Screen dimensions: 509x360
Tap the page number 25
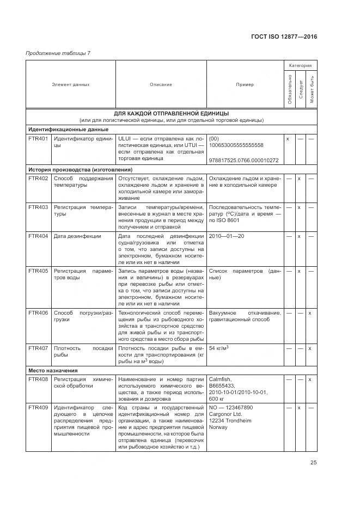pyautogui.click(x=314, y=463)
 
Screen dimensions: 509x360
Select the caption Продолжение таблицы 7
pyautogui.click(x=58, y=53)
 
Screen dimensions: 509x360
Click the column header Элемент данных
pyautogui.click(x=71, y=84)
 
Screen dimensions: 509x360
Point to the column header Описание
pyautogui.click(x=161, y=84)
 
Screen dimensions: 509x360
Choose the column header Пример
pyautogui.click(x=245, y=84)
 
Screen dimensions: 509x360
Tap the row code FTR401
pyautogui.click(x=38, y=139)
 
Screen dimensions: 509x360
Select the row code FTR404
pyautogui.click(x=38, y=236)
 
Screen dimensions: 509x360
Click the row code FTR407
pyautogui.click(x=38, y=347)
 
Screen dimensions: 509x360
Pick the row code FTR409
pyautogui.click(x=38, y=407)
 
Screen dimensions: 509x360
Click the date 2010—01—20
pyautogui.click(x=227, y=236)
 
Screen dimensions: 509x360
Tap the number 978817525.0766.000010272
pyautogui.click(x=243, y=160)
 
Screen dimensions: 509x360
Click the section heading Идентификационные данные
pyautogui.click(x=68, y=130)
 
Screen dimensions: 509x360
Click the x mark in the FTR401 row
pyautogui.click(x=288, y=139)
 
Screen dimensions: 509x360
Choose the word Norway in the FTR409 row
pyautogui.click(x=218, y=427)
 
